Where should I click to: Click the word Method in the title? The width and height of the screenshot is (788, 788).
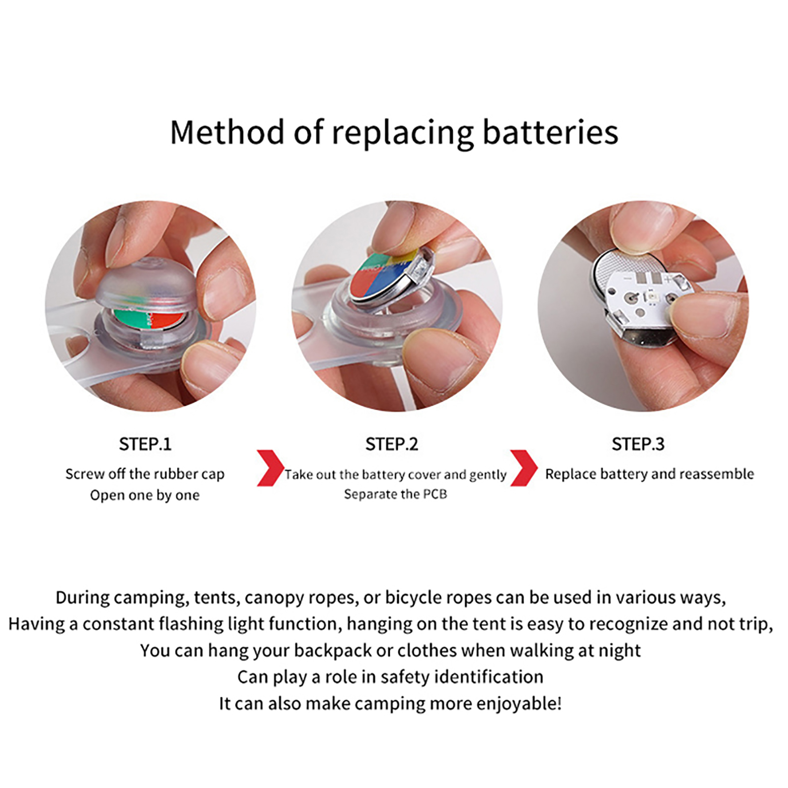tap(227, 132)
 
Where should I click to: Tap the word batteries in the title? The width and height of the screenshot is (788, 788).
tap(550, 132)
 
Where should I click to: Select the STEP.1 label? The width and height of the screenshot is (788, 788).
tap(145, 444)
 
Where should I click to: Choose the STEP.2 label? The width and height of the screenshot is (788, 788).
tap(392, 444)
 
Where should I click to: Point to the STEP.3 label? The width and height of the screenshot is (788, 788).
tap(638, 444)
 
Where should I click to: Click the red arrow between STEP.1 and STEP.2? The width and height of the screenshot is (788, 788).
tap(270, 468)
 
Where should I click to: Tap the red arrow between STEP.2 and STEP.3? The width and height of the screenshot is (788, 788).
tap(524, 468)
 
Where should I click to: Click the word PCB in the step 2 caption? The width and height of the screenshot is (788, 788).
tap(435, 494)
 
